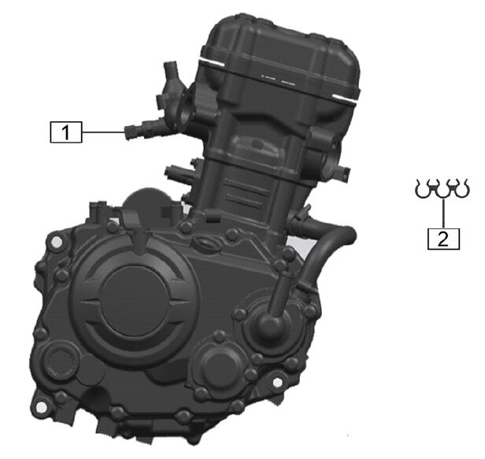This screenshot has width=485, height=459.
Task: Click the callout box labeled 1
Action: click(66, 132)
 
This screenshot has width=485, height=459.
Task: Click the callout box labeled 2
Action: click(443, 239)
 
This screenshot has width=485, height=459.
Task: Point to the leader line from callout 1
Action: click(104, 132)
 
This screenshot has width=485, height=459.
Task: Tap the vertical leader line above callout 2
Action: click(443, 213)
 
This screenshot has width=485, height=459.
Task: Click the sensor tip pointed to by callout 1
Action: click(129, 132)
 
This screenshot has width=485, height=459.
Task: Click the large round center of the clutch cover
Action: click(134, 301)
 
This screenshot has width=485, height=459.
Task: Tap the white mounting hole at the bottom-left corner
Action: click(41, 408)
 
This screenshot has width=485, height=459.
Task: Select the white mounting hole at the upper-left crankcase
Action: click(56, 242)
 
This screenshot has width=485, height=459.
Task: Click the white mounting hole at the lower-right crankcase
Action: click(278, 383)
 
